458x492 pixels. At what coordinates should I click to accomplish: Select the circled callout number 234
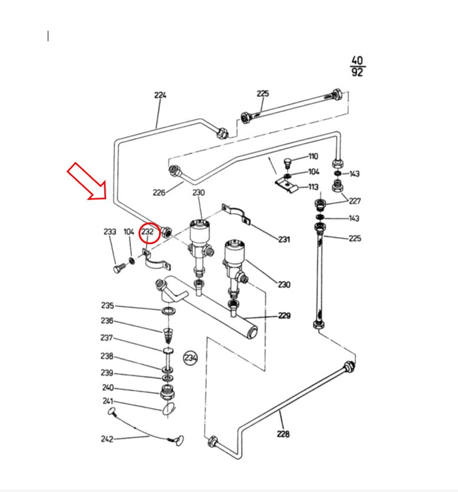click(x=190, y=357)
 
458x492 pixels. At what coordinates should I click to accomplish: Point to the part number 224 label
click(x=160, y=95)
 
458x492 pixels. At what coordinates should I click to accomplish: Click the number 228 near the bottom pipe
click(x=283, y=434)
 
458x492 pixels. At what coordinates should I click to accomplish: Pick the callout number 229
click(x=284, y=316)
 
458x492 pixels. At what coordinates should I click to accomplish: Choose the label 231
click(x=284, y=240)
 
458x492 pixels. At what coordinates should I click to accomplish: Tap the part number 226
click(x=159, y=192)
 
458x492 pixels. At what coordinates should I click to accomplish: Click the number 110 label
click(x=313, y=157)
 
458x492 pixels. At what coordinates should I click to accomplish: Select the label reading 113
click(x=313, y=188)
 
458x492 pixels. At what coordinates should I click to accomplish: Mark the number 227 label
click(x=354, y=201)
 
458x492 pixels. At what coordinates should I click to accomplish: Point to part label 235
click(x=107, y=306)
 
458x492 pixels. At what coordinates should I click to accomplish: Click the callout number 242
click(x=107, y=439)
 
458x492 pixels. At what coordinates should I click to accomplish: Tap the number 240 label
click(x=108, y=388)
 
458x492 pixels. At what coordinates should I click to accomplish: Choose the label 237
click(x=106, y=338)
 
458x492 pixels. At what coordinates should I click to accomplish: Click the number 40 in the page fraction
click(x=357, y=61)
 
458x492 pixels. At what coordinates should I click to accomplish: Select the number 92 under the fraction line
click(x=357, y=73)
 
